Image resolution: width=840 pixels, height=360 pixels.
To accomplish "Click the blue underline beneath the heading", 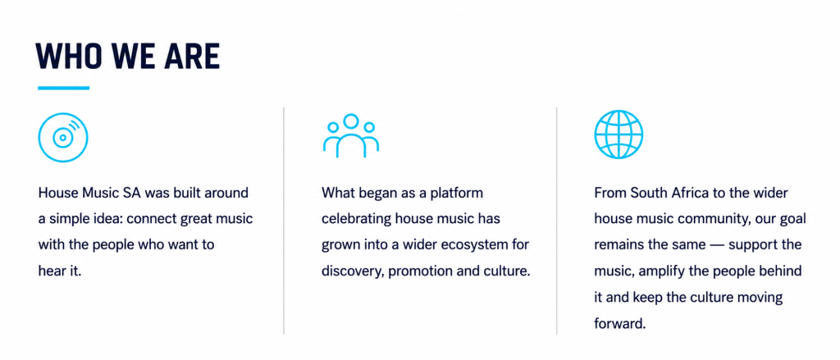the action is (x=63, y=88).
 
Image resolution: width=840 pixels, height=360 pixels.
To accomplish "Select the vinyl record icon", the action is (x=63, y=137).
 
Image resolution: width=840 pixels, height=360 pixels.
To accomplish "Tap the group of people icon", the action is (x=351, y=135).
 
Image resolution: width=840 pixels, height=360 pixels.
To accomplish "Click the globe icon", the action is (x=619, y=134).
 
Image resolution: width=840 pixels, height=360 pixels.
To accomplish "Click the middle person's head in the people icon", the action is (x=351, y=121).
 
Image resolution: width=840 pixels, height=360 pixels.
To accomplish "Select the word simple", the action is (x=65, y=219).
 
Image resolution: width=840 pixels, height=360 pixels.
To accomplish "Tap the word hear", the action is (x=51, y=271).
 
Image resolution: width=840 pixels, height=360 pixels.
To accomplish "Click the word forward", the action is (x=618, y=324).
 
